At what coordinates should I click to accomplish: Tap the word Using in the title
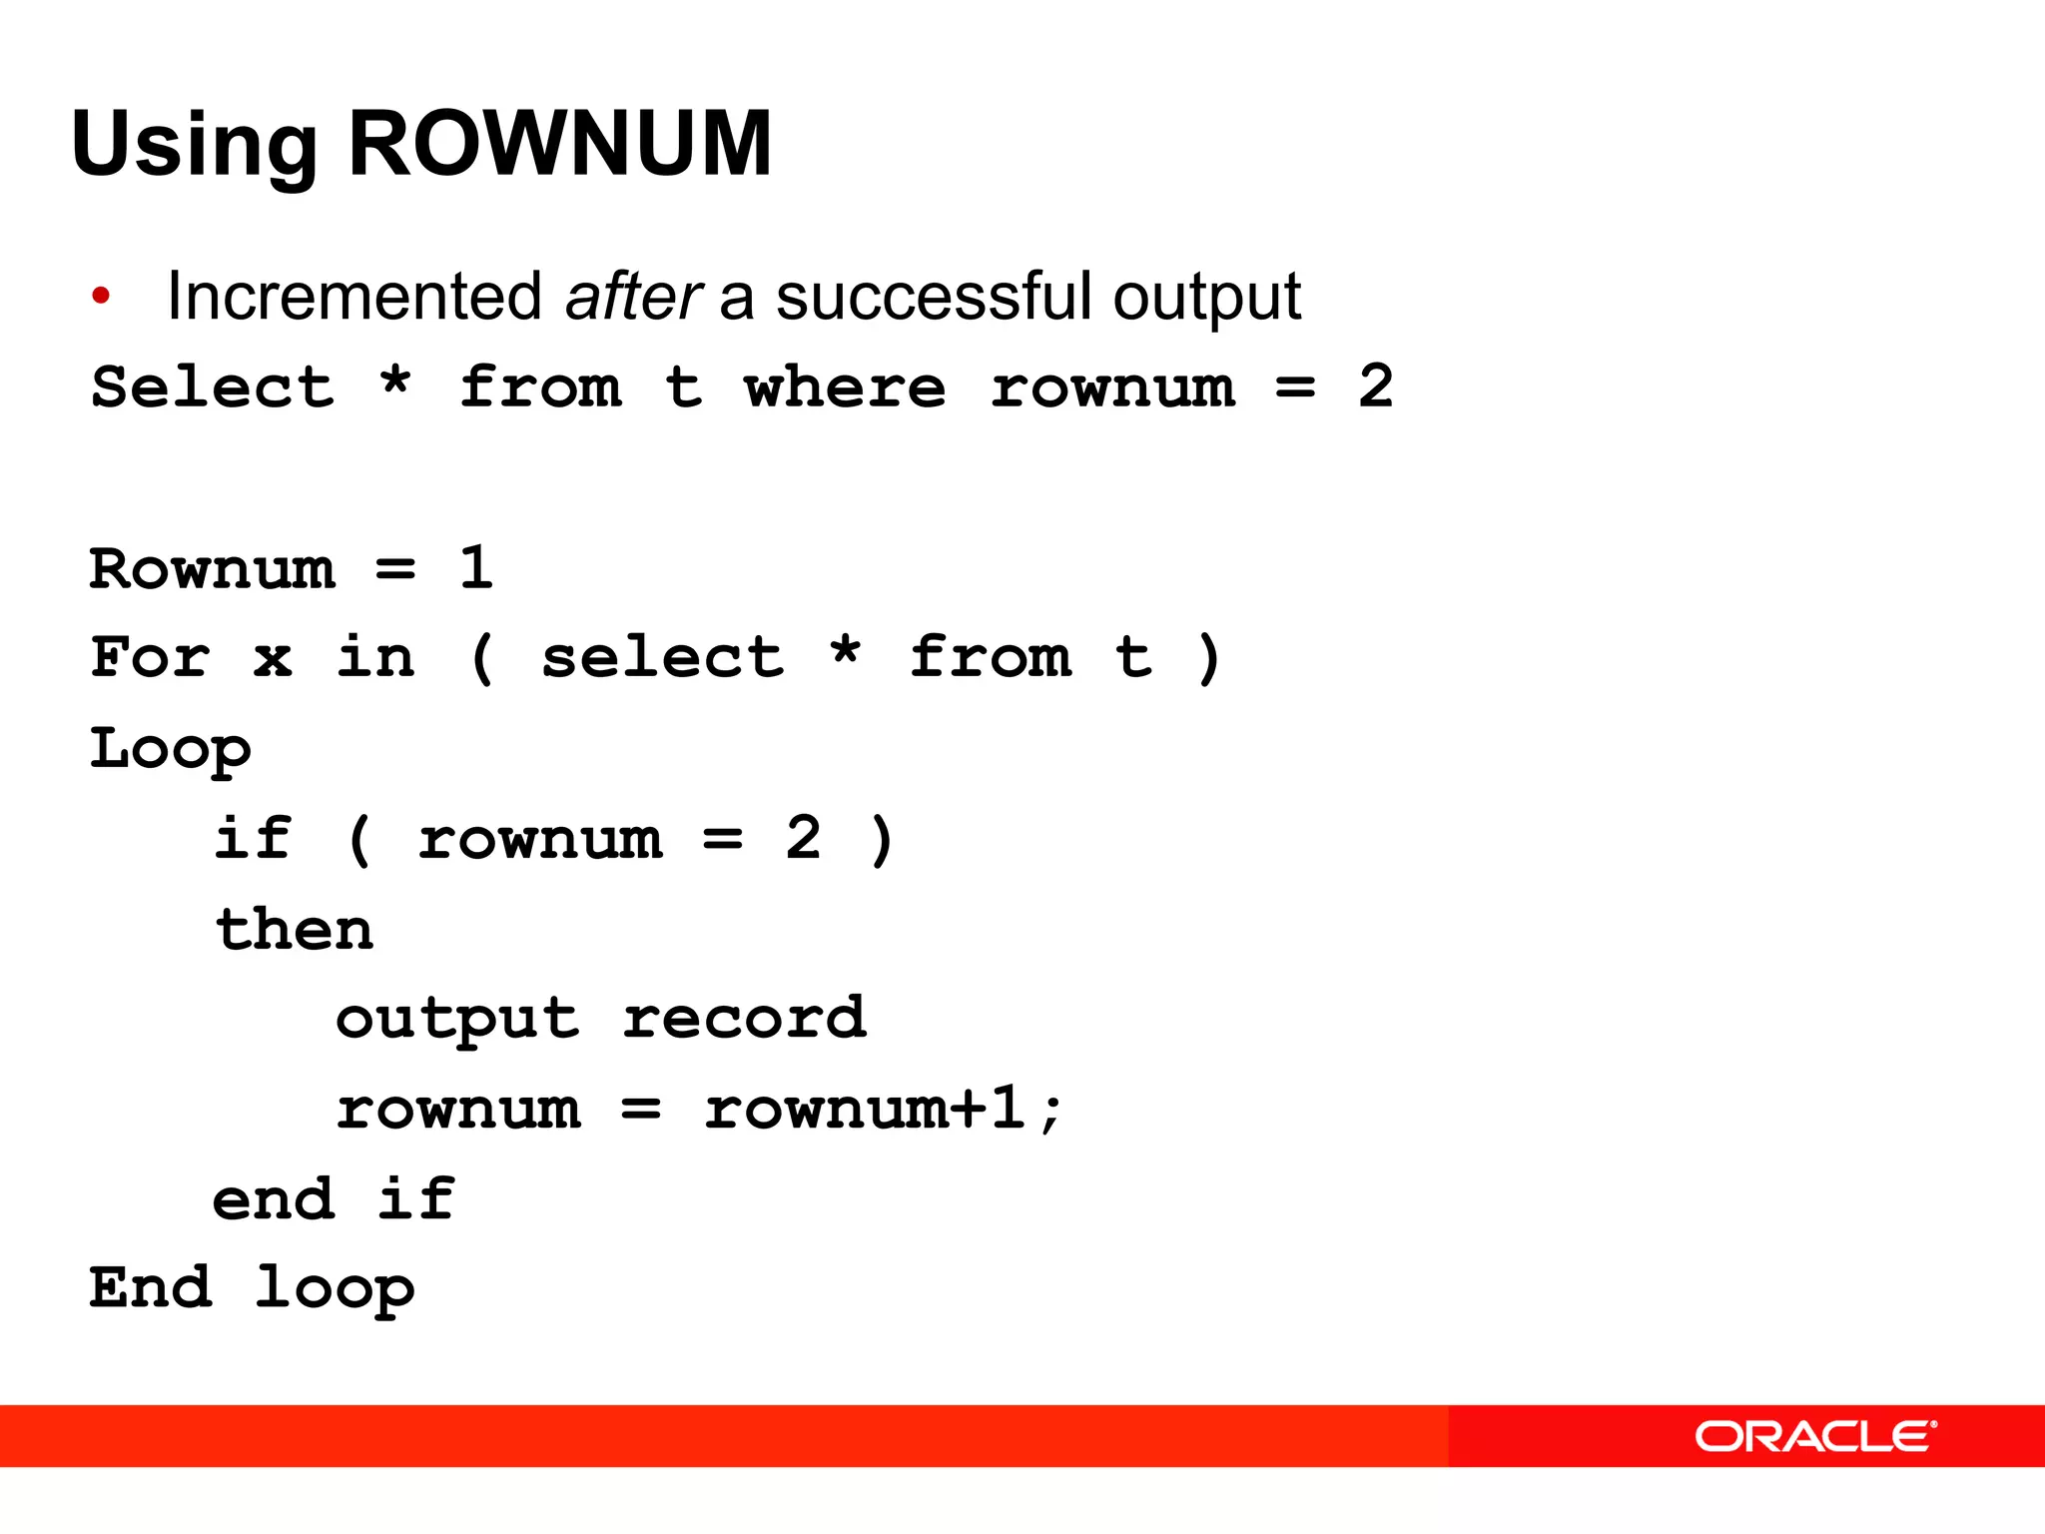click(x=194, y=146)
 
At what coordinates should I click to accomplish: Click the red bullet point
click(x=101, y=296)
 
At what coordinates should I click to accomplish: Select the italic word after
click(x=633, y=297)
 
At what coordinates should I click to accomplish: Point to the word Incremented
click(x=354, y=297)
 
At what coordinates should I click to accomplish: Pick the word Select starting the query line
click(x=213, y=387)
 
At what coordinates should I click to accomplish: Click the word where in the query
click(x=845, y=387)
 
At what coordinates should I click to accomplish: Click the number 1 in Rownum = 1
click(x=476, y=567)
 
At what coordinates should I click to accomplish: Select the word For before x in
click(x=150, y=657)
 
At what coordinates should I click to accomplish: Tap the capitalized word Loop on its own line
click(x=170, y=749)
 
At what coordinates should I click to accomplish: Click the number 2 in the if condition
click(x=803, y=838)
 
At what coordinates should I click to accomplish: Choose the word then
click(x=295, y=929)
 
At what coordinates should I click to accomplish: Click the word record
click(x=744, y=1019)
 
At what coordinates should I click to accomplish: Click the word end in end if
click(x=274, y=1198)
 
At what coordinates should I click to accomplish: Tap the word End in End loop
click(x=150, y=1287)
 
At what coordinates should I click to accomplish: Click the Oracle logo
click(x=1815, y=1437)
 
